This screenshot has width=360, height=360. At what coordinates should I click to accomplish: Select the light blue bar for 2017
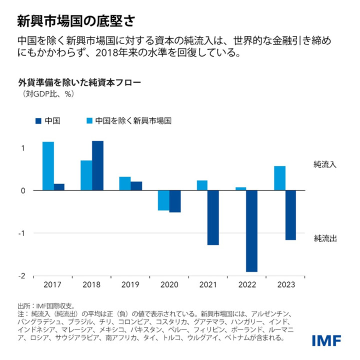48,166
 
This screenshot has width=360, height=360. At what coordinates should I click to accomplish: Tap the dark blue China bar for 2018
97,165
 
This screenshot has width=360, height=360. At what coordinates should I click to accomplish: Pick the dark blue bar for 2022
251,231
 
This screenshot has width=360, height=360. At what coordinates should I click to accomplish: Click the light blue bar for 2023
279,178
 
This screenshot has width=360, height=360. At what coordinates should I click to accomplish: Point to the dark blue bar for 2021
213,217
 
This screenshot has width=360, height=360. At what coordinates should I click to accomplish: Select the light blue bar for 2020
163,200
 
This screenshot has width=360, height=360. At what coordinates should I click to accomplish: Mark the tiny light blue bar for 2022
240,188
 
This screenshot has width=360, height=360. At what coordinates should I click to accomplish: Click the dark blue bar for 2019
136,185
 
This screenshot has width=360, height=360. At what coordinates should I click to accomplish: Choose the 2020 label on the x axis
168,284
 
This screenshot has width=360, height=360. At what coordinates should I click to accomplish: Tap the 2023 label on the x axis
285,284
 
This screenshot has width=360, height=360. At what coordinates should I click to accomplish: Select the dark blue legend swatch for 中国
38,120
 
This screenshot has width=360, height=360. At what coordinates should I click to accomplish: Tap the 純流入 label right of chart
325,164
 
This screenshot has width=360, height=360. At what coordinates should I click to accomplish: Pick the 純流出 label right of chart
325,238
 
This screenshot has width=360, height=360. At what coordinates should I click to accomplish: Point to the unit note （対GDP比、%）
47,93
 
